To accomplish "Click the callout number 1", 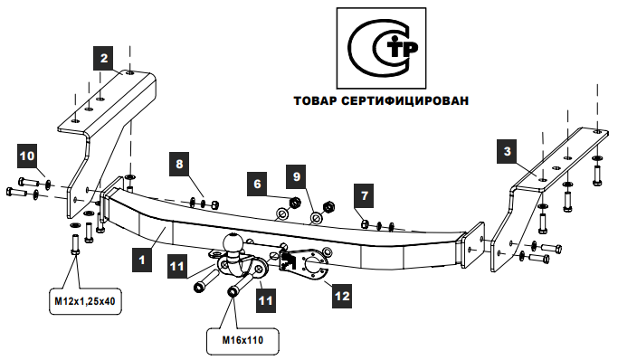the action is (142, 260).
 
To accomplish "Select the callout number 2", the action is (104, 58).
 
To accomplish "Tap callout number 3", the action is (508, 151).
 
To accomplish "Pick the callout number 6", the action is (257, 184).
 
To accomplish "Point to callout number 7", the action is (364, 195).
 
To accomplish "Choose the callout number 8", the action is (179, 164).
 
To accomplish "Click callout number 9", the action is (297, 176).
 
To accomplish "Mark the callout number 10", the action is (27, 156).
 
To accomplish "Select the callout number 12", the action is (342, 296).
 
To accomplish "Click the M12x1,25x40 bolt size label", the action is (85, 301).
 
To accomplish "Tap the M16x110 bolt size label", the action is (242, 340).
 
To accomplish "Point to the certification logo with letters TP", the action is (381, 48).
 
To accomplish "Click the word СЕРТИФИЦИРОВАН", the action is (404, 100).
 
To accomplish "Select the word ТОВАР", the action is (315, 100).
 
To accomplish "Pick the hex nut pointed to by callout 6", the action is (295, 204).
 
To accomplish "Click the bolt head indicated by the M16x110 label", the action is (232, 292).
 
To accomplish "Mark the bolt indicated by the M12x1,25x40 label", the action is (75, 244).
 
